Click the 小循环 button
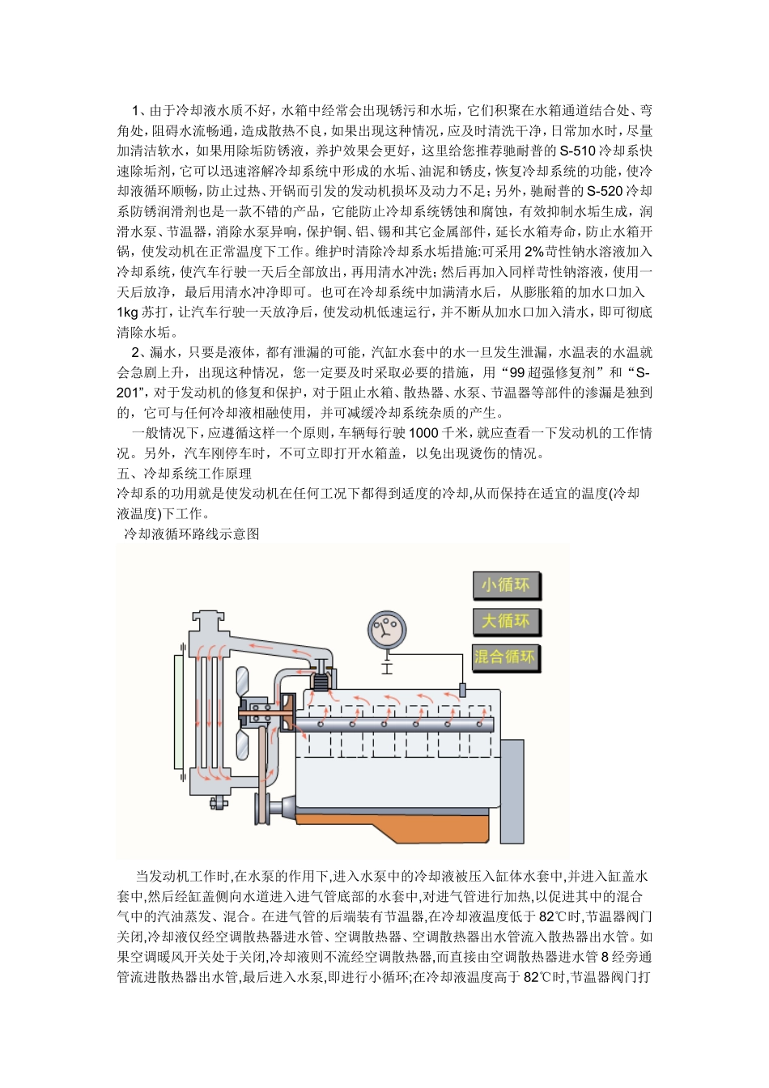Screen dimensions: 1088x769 pyautogui.click(x=506, y=585)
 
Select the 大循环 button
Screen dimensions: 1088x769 pyautogui.click(x=506, y=622)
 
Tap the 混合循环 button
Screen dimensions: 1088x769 pyautogui.click(x=505, y=657)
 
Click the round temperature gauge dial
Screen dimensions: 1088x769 pyautogui.click(x=387, y=631)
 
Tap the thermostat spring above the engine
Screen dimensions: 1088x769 pyautogui.click(x=322, y=682)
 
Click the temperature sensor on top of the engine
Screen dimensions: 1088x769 pyautogui.click(x=463, y=689)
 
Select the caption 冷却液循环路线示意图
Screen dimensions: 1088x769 pyautogui.click(x=191, y=534)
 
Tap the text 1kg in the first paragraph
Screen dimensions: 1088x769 pyautogui.click(x=128, y=312)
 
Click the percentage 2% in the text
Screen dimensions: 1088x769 pyautogui.click(x=533, y=252)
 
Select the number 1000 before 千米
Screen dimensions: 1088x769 pyautogui.click(x=423, y=433)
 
